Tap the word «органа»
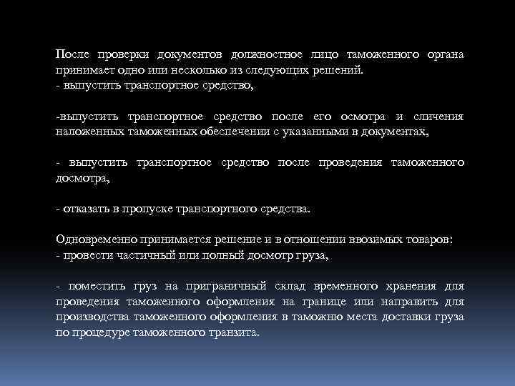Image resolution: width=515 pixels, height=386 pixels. [x=445, y=54]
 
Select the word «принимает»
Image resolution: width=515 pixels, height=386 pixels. [x=83, y=71]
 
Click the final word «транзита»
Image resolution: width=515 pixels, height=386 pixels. [x=235, y=333]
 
